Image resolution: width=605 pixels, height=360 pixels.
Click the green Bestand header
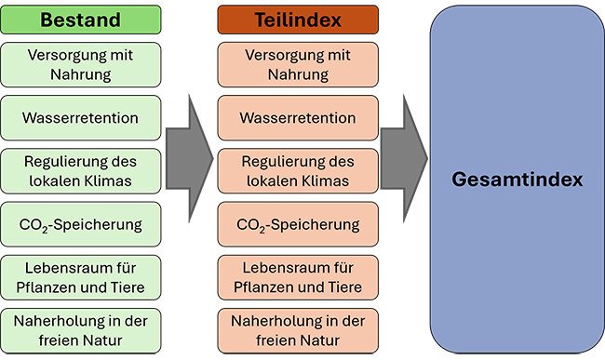pyautogui.click(x=80, y=20)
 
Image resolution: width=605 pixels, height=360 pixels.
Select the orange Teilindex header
pyautogui.click(x=298, y=20)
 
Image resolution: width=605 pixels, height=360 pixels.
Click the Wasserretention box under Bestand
pyautogui.click(x=80, y=118)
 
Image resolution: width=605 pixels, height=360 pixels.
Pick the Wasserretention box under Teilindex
pyautogui.click(x=298, y=118)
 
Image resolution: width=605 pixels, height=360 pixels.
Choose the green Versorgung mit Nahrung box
pyautogui.click(x=80, y=65)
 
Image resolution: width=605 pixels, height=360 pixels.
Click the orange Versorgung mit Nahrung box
pyautogui.click(x=298, y=65)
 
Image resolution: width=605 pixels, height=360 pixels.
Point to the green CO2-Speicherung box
pyautogui.click(x=80, y=224)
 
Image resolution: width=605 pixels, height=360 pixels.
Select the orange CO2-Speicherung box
pyautogui.click(x=298, y=224)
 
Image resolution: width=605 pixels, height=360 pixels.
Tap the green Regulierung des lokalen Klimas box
pyautogui.click(x=80, y=171)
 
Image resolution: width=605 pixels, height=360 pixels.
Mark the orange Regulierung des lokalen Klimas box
pyautogui.click(x=298, y=171)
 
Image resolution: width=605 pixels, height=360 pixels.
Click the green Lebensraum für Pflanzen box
pyautogui.click(x=80, y=277)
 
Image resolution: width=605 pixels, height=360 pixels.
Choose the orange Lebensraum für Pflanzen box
pyautogui.click(x=298, y=277)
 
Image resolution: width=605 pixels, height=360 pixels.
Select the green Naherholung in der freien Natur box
pyautogui.click(x=80, y=330)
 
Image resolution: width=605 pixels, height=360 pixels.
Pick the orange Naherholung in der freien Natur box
pyautogui.click(x=298, y=330)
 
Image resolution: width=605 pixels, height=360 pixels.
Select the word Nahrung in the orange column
pyautogui.click(x=298, y=74)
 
